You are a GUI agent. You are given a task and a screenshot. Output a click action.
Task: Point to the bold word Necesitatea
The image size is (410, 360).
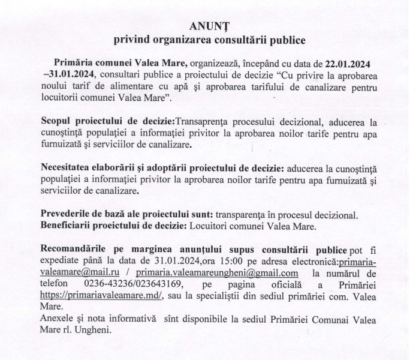pyautogui.click(x=67, y=167)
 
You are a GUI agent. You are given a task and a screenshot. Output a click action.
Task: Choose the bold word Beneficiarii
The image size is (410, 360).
pyautogui.click(x=67, y=226)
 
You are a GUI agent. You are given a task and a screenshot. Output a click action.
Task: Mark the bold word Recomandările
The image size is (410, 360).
pyautogui.click(x=74, y=249)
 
